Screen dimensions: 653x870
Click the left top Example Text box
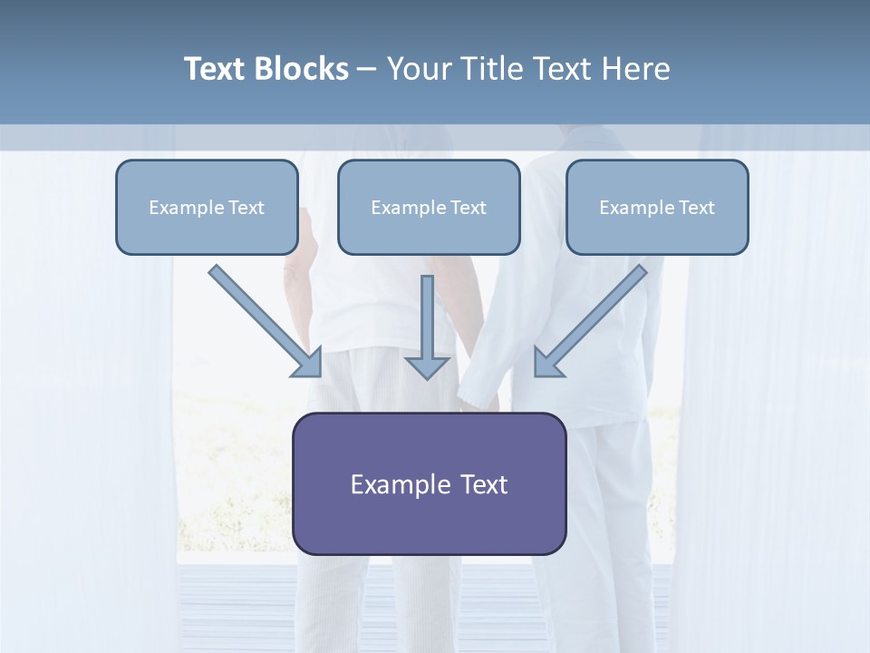[207, 207]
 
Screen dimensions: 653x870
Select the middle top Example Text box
[429, 207]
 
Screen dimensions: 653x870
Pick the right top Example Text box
[657, 207]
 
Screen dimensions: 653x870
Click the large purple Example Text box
[429, 483]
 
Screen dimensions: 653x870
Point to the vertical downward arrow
[427, 317]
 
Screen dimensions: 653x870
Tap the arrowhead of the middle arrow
[427, 365]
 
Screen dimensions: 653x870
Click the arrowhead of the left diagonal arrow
[309, 363]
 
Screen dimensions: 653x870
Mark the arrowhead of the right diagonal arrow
[547, 363]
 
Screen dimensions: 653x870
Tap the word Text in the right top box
[697, 208]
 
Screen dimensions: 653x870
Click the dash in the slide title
[367, 69]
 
